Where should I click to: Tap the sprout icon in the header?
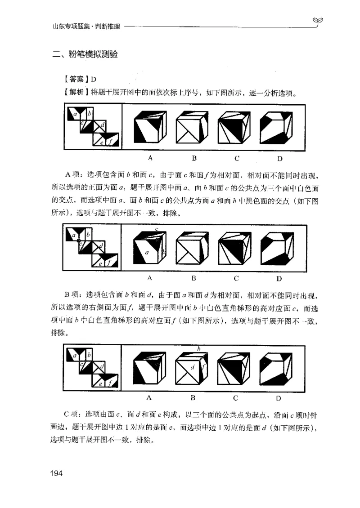pyautogui.click(x=319, y=22)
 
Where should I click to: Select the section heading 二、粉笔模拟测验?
pyautogui.click(x=85, y=55)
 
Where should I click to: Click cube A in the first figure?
pyautogui.click(x=150, y=127)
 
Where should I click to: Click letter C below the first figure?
pyautogui.click(x=236, y=158)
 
